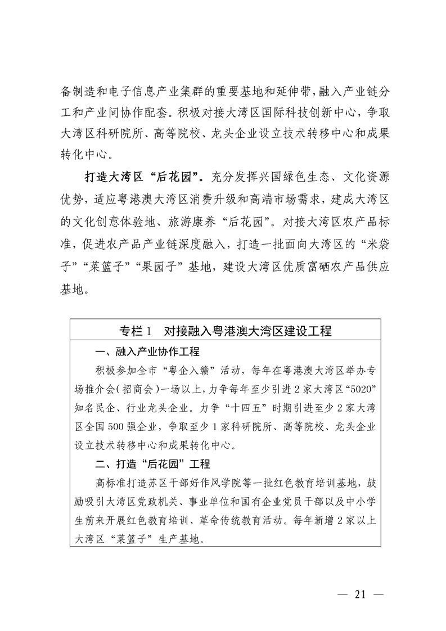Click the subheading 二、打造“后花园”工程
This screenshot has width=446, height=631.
[x=152, y=465]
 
